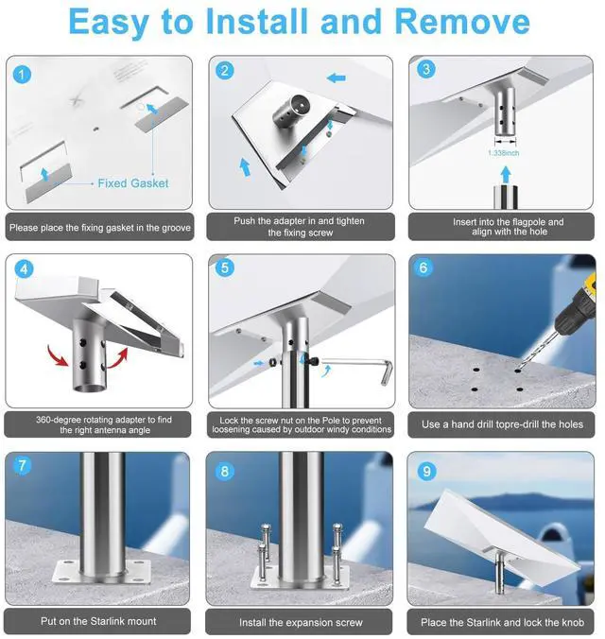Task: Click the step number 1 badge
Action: [22, 75]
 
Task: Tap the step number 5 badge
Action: [225, 268]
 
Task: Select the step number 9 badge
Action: [426, 471]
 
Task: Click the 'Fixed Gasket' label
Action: [133, 183]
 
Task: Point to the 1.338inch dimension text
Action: [504, 153]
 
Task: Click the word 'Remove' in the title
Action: [462, 21]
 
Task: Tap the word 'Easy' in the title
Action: [110, 23]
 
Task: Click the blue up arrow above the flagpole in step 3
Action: [506, 175]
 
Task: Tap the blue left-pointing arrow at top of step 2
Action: [337, 78]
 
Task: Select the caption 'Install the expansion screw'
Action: [301, 622]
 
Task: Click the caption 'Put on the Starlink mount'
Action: [98, 621]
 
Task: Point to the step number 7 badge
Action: [22, 465]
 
